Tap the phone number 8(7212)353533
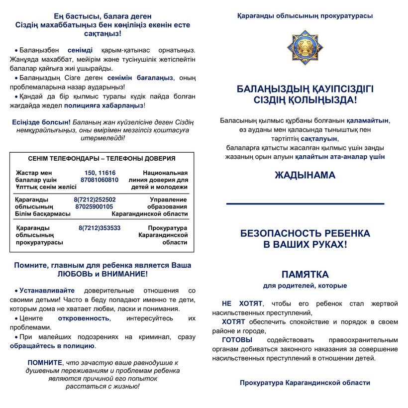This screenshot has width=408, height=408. pos(100,228)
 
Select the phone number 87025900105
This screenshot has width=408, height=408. pos(94,206)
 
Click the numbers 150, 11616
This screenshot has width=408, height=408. pos(100,172)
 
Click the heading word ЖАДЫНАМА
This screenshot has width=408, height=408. pos(305,175)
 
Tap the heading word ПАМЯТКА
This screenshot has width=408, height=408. pos(305,275)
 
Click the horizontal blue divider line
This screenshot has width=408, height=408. pos(305,204)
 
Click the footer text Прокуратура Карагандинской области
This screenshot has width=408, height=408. pos(305,383)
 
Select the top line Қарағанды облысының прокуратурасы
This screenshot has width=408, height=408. pos(305,16)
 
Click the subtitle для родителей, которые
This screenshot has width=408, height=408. pos(305,286)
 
